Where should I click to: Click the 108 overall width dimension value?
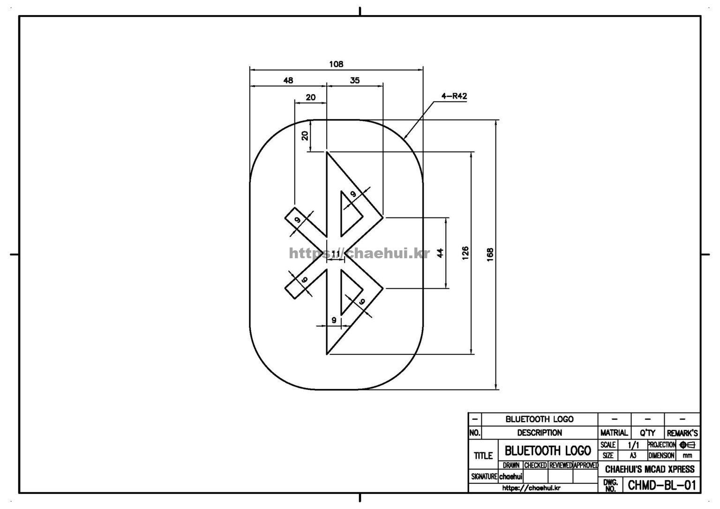pos(336,64)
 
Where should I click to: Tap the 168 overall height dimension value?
pos(490,254)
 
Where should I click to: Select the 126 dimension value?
pos(465,253)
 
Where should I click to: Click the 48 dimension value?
pos(288,80)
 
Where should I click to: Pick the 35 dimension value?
pos(355,80)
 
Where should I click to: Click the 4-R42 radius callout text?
pos(454,97)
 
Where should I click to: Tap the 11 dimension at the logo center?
pos(336,254)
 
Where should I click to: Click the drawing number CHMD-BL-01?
pos(661,485)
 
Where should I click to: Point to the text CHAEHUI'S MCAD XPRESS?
pos(650,469)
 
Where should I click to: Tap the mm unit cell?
pos(687,455)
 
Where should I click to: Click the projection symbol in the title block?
pos(687,445)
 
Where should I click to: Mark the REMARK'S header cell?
pos(682,433)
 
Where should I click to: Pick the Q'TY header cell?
pos(647,433)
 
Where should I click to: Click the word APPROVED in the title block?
pos(585,465)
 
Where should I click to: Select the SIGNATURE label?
pos(484,476)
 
